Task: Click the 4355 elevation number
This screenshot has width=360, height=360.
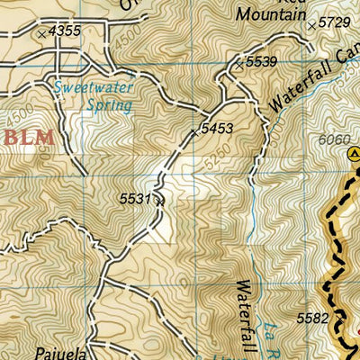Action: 66,31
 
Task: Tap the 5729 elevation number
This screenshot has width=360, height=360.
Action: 334,22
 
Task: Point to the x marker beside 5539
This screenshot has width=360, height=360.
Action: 238,64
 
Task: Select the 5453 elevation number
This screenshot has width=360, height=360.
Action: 217,130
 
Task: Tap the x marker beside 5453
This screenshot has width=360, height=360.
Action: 193,132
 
